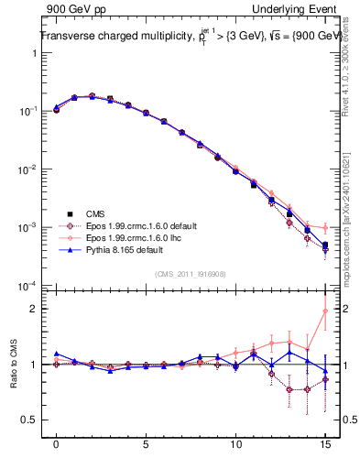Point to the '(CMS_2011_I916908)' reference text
[x=191, y=273]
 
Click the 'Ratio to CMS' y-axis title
[x=16, y=364]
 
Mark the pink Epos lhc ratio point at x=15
[x=325, y=311]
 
